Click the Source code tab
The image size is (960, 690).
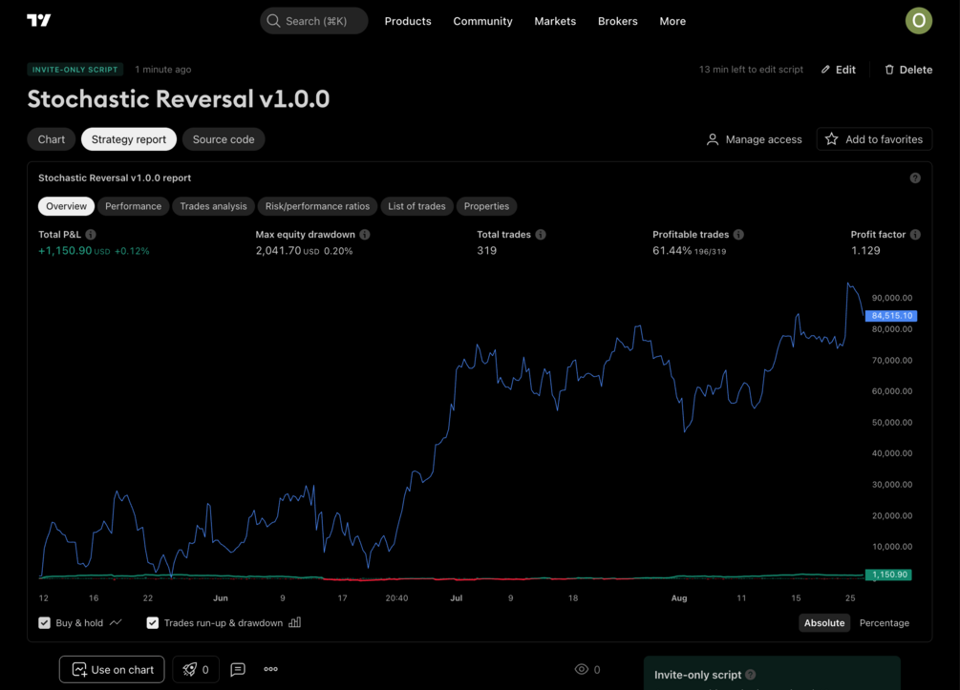224,139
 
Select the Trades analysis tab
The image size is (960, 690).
213,206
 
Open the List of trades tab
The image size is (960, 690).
416,206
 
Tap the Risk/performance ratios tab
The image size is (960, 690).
317,206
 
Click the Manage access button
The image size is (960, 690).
754,139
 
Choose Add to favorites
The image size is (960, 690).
874,139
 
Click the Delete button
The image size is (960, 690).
907,70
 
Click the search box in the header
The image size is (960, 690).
314,21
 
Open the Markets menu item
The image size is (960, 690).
555,21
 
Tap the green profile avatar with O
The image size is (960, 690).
918,20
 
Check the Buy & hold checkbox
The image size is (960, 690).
45,623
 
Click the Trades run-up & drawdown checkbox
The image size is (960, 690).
153,623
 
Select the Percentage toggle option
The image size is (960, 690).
884,623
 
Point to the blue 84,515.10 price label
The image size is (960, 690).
890,316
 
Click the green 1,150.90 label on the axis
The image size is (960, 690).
888,575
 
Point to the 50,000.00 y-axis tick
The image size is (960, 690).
891,423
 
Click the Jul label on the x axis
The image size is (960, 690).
456,598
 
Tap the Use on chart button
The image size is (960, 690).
112,670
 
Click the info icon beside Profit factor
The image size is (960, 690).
915,235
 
